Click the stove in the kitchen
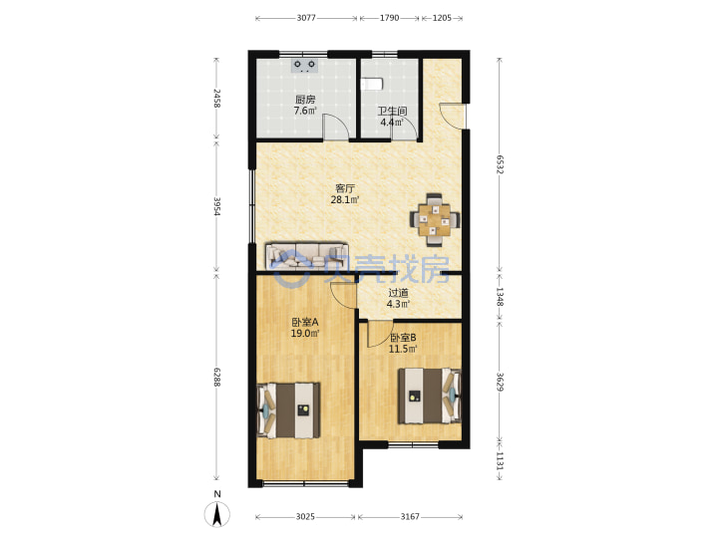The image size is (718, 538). (304, 66)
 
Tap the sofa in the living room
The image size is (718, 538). (307, 257)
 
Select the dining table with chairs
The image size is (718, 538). (435, 220)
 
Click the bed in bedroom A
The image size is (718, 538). (288, 410)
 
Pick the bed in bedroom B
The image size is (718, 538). (430, 396)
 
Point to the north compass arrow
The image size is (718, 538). (217, 514)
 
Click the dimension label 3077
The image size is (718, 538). (306, 18)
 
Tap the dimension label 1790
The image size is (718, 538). (389, 18)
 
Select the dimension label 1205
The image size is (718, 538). (442, 18)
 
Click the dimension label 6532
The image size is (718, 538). (500, 164)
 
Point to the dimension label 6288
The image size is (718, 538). (217, 377)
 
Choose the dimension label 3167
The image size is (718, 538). (410, 516)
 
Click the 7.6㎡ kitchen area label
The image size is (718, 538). (305, 111)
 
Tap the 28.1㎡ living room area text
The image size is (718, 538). (345, 199)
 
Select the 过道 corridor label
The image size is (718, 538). (398, 293)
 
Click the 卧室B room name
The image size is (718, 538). (403, 338)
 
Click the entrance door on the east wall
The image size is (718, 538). (453, 117)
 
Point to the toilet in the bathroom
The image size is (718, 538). (372, 84)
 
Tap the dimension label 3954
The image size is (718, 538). (217, 206)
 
